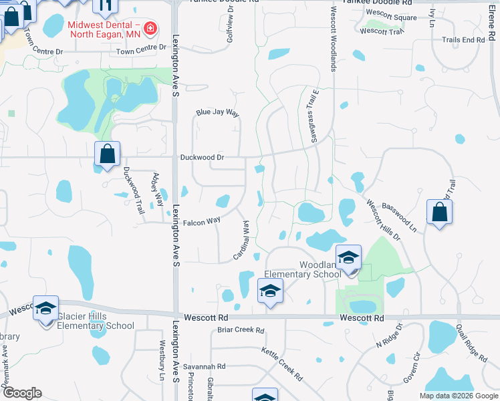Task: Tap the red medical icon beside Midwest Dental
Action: [x=151, y=27]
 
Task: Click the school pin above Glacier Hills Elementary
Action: [x=45, y=309]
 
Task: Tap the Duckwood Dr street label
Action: [x=201, y=158]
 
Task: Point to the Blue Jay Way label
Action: [x=217, y=114]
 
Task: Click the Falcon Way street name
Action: [x=202, y=221]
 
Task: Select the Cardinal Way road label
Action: [x=241, y=241]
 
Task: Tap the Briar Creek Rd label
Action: [x=241, y=330]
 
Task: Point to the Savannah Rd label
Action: [x=205, y=367]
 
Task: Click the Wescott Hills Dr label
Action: [x=382, y=218]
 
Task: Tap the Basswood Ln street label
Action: [x=399, y=214]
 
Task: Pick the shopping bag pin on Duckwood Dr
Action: [x=107, y=155]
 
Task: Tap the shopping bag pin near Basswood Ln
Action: [x=439, y=213]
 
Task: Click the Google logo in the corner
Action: [x=21, y=393]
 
